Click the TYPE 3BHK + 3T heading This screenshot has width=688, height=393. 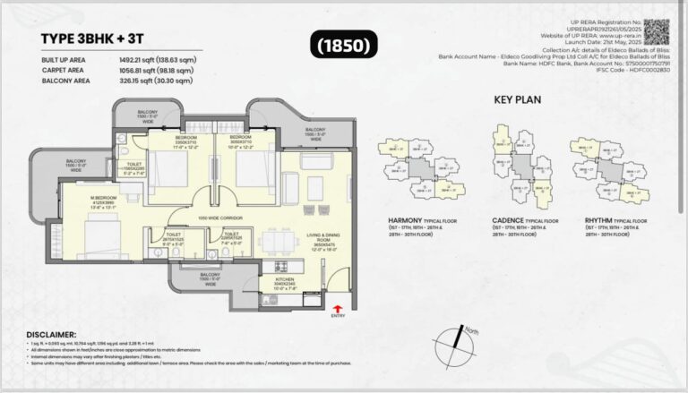(90, 38)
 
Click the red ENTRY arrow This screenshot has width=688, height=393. (338, 307)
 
